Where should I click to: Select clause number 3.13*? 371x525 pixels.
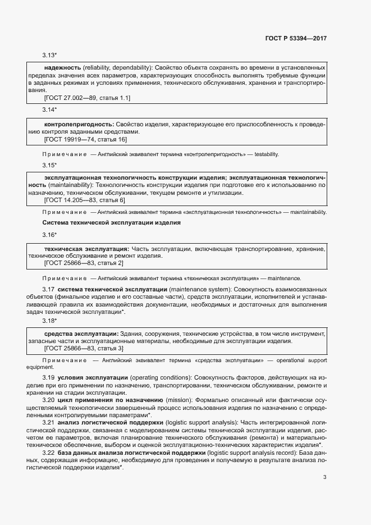[x=50, y=55]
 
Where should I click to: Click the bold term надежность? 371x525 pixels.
[x=62, y=67]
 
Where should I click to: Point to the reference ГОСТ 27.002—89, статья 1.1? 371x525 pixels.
[x=87, y=98]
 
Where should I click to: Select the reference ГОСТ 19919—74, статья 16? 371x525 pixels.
[x=85, y=139]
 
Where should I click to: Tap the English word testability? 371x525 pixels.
[x=264, y=154]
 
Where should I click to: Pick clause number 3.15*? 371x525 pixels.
[x=50, y=165]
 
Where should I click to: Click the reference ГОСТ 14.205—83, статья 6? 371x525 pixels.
[x=84, y=200]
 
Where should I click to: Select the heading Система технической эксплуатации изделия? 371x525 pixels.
[x=113, y=223]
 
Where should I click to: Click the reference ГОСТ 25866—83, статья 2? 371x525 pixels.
[x=84, y=263]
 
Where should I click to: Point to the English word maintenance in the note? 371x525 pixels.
[x=284, y=278]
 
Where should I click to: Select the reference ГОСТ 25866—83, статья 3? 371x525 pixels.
[x=84, y=349]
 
